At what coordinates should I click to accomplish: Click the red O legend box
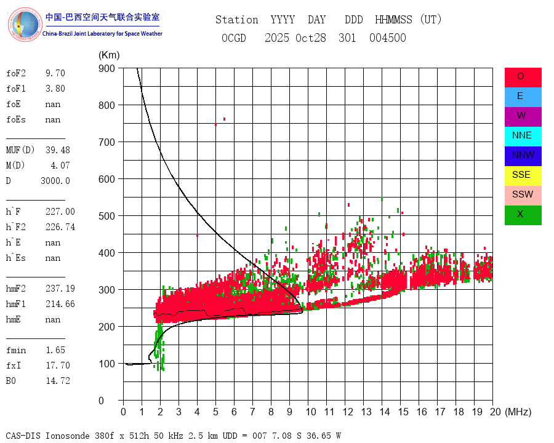523,77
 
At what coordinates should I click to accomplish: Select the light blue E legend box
523,97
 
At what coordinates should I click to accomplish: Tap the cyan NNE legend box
523,136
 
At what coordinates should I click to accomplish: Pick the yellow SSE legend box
523,175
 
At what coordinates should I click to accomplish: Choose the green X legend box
523,215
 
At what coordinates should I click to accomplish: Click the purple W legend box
523,116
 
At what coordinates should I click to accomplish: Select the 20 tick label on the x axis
492,412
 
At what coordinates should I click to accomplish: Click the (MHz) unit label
517,412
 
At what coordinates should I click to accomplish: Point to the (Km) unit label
109,55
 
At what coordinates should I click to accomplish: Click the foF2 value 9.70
55,73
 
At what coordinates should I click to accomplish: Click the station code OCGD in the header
233,38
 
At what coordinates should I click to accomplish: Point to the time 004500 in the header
387,38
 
